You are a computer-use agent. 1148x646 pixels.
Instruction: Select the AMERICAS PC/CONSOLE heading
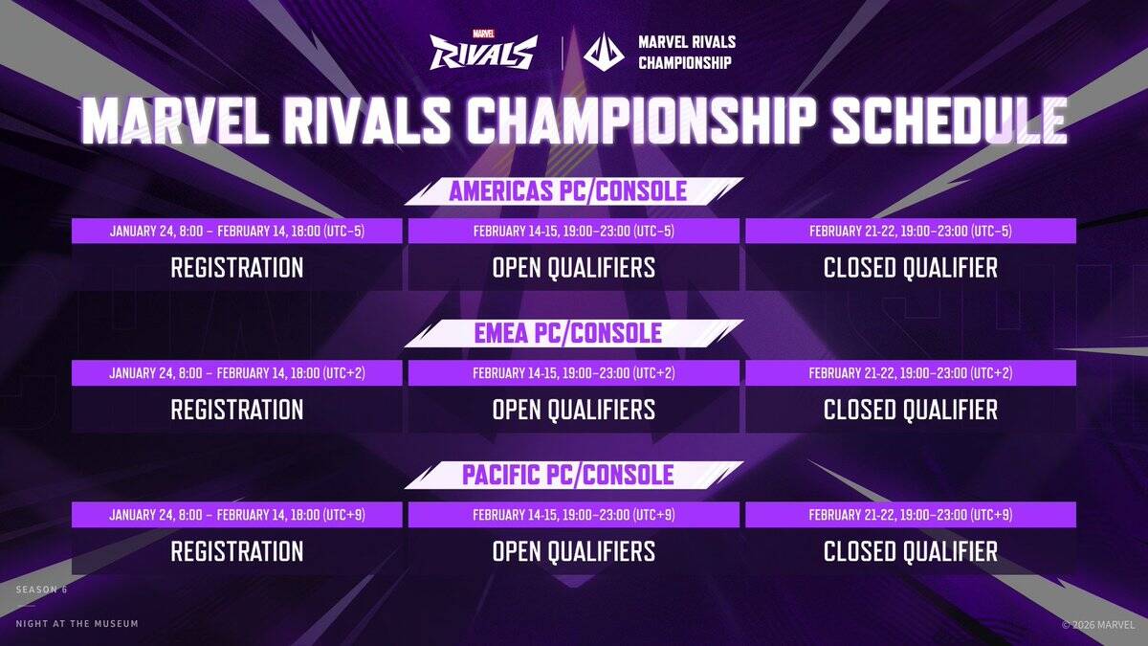point(568,190)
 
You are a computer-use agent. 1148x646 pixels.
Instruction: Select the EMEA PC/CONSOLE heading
point(568,333)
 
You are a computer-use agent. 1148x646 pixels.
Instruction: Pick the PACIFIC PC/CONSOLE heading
point(568,475)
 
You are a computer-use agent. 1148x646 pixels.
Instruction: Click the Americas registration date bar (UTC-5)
point(237,231)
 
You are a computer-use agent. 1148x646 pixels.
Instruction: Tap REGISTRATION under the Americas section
point(237,268)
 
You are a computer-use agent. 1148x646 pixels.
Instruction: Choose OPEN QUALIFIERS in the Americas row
point(574,268)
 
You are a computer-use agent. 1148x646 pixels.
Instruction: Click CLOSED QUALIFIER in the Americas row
point(911,268)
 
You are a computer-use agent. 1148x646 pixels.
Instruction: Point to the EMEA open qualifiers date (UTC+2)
point(574,373)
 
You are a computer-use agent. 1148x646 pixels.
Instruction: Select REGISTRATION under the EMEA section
point(237,410)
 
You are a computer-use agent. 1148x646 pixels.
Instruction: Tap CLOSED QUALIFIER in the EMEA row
point(911,410)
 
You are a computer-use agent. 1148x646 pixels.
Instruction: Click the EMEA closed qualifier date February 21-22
point(911,373)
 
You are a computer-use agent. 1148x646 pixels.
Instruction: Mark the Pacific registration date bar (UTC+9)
point(237,515)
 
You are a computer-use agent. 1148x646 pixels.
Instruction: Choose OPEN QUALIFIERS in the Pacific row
point(574,551)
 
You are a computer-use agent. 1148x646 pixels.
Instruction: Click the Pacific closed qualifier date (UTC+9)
point(911,515)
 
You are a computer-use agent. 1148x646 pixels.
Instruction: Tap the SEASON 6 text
point(41,590)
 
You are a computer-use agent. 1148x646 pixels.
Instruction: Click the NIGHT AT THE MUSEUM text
point(77,624)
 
